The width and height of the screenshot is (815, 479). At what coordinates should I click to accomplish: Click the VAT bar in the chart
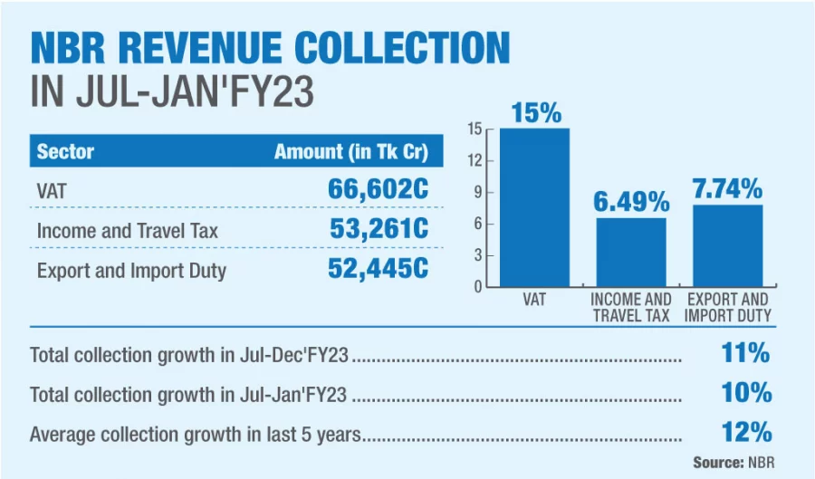coord(534,207)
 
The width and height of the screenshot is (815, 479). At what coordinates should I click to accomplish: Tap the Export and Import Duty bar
coord(727,245)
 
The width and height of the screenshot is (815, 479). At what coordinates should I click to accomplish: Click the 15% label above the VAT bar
coord(536,113)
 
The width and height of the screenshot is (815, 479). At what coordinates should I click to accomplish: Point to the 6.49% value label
coord(631,202)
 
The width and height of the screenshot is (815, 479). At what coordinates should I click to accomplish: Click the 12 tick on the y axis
coord(475,161)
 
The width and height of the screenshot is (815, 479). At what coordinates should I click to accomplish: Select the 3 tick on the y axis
coord(476,255)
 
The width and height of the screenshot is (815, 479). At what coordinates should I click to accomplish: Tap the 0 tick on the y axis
coord(476,287)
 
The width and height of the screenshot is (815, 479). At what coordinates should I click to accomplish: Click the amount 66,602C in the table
coord(378,190)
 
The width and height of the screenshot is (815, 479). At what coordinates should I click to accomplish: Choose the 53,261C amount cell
coord(379,230)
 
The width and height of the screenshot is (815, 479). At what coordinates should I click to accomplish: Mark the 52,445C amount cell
coord(378,269)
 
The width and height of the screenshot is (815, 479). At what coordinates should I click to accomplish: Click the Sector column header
coord(65,151)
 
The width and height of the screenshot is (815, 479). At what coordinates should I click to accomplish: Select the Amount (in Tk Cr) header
coord(351,151)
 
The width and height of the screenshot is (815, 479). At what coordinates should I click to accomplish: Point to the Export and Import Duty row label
coord(131,270)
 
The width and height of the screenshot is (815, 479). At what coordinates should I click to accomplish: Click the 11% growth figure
coord(746,353)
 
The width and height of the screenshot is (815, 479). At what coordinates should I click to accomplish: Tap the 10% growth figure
coord(746,393)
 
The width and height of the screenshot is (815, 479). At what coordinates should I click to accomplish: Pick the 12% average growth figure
coord(746,432)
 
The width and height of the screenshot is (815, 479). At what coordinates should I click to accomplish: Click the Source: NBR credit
coord(733,462)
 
